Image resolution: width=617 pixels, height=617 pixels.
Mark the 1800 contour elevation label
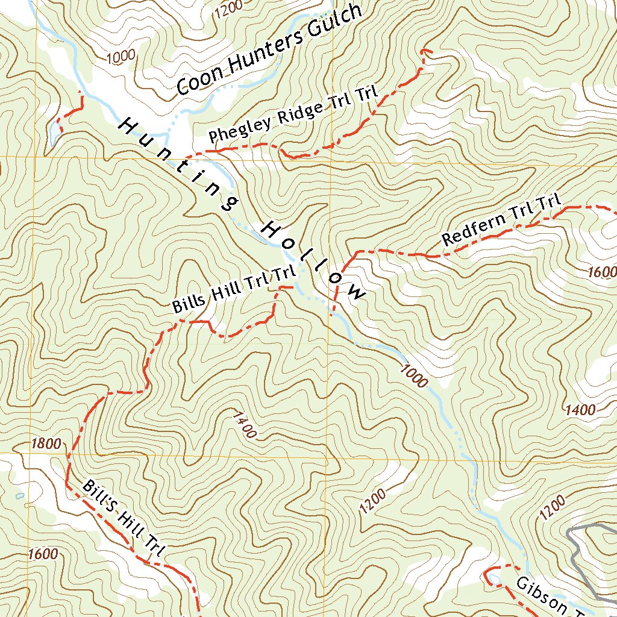[x=45, y=445]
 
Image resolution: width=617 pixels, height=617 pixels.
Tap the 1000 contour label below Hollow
[x=413, y=374]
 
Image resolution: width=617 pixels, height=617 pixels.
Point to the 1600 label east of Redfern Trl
[x=601, y=272]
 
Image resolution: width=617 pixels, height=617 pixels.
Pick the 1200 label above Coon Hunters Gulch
[x=228, y=7]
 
